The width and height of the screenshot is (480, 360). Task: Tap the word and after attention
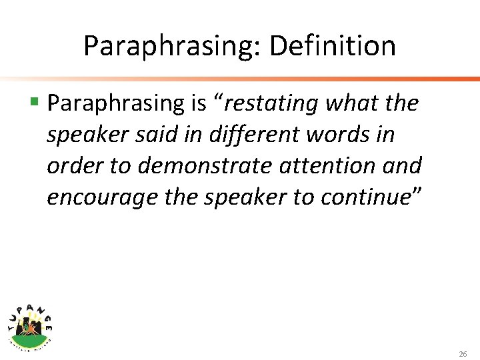coord(402,165)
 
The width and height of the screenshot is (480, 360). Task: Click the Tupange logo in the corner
coord(29,323)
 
